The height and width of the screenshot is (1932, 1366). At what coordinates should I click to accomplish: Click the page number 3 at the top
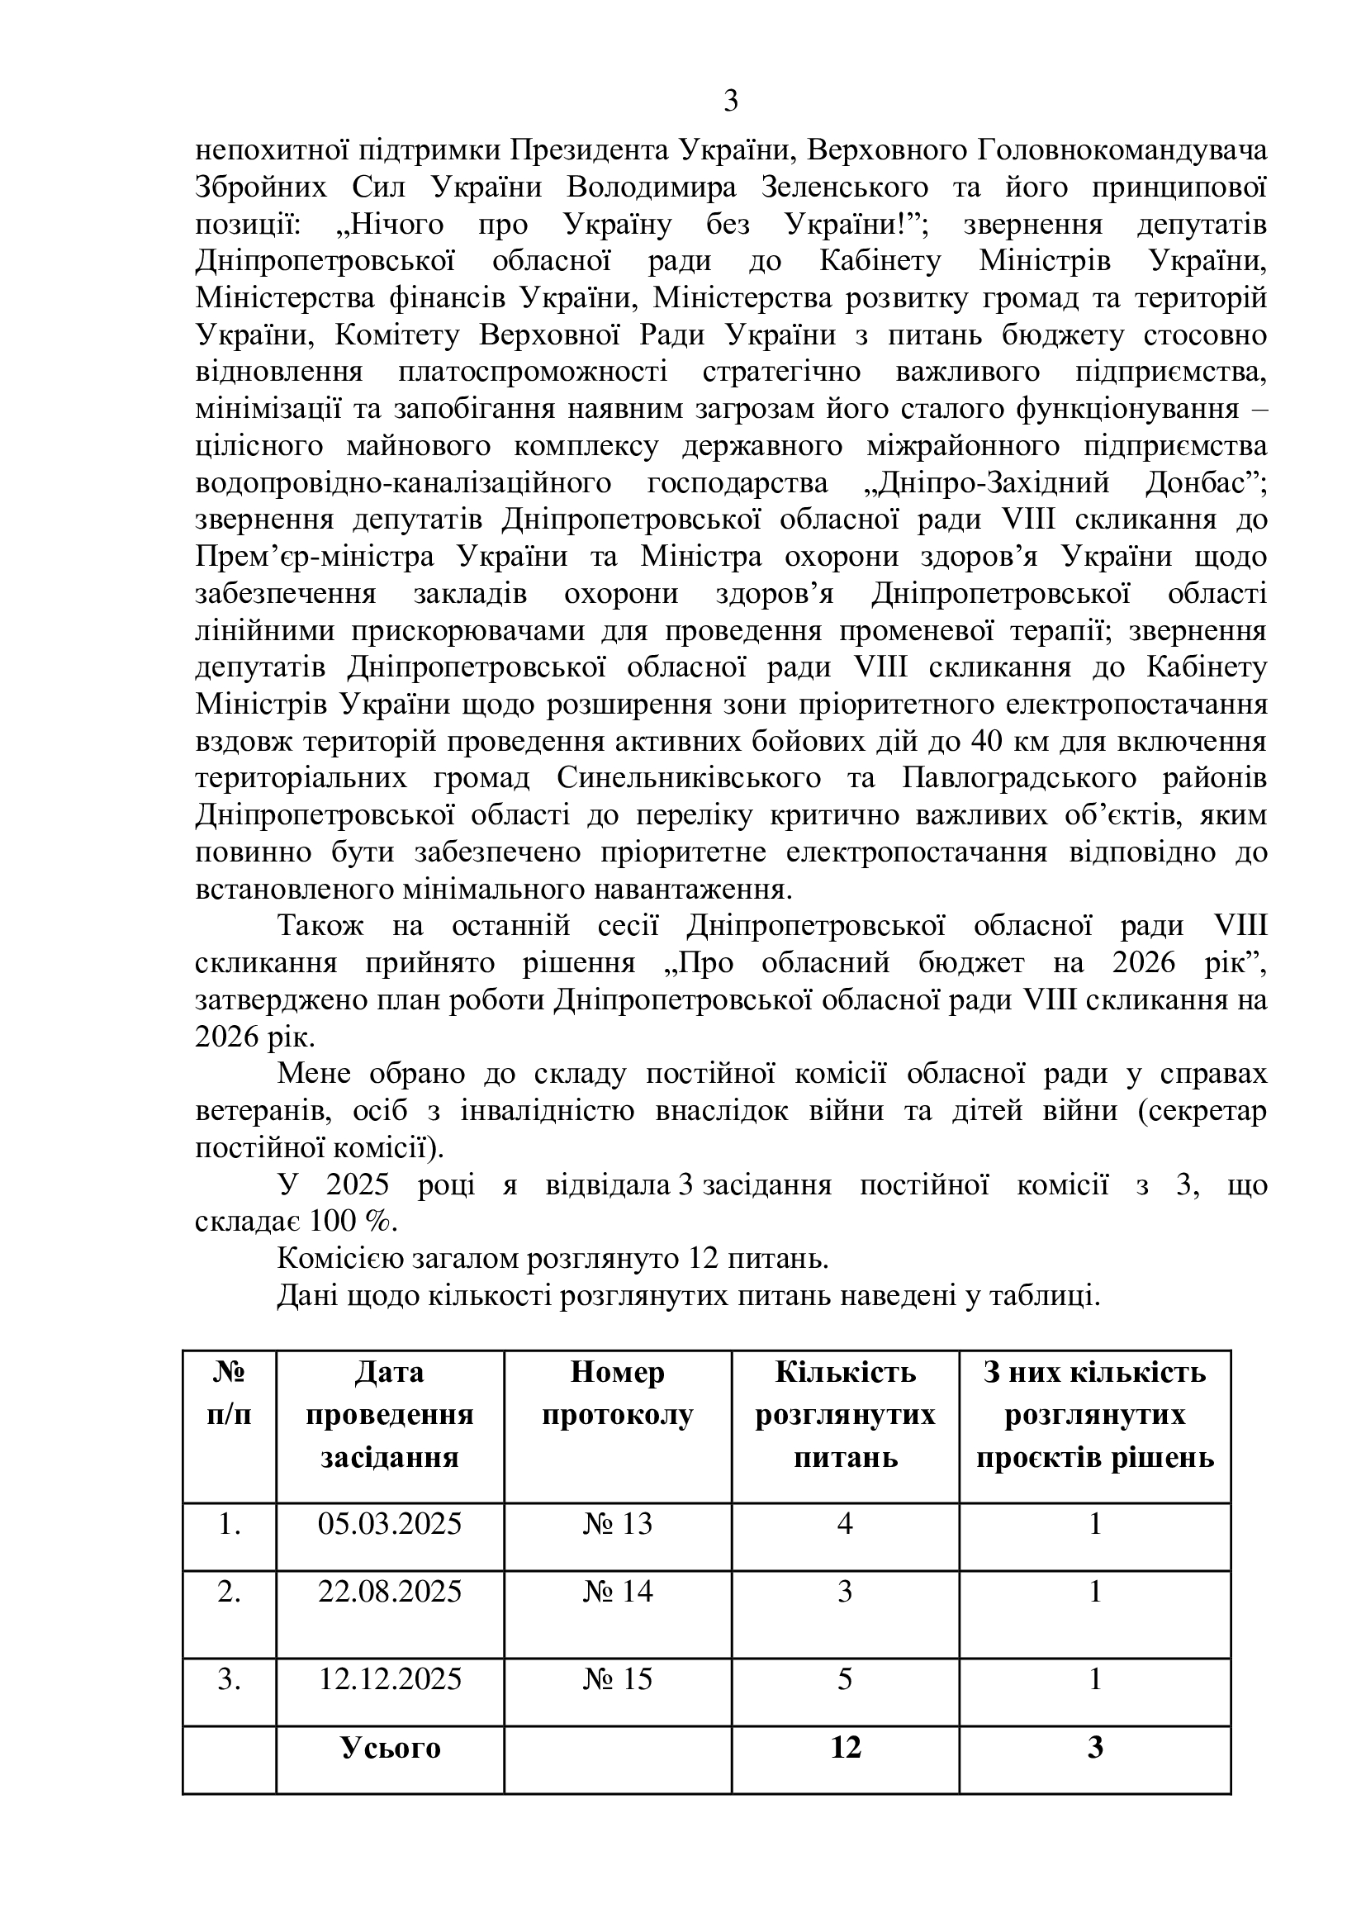pyautogui.click(x=730, y=102)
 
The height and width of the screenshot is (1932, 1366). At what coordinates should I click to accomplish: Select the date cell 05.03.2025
pyautogui.click(x=390, y=1524)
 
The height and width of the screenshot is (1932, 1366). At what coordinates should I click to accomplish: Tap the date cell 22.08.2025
pyautogui.click(x=390, y=1591)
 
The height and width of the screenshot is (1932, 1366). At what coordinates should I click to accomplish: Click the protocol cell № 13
pyautogui.click(x=618, y=1524)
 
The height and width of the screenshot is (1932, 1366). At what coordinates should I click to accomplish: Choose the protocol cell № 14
pyautogui.click(x=618, y=1591)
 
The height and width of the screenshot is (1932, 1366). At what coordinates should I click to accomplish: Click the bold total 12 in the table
pyautogui.click(x=845, y=1748)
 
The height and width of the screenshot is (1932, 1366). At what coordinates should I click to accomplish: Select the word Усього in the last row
pyautogui.click(x=391, y=1748)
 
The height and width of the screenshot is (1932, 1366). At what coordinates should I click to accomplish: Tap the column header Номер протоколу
pyautogui.click(x=618, y=1393)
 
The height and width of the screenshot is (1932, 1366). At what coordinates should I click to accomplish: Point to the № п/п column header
pyautogui.click(x=229, y=1393)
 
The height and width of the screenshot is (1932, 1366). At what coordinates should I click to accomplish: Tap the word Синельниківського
pyautogui.click(x=689, y=778)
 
